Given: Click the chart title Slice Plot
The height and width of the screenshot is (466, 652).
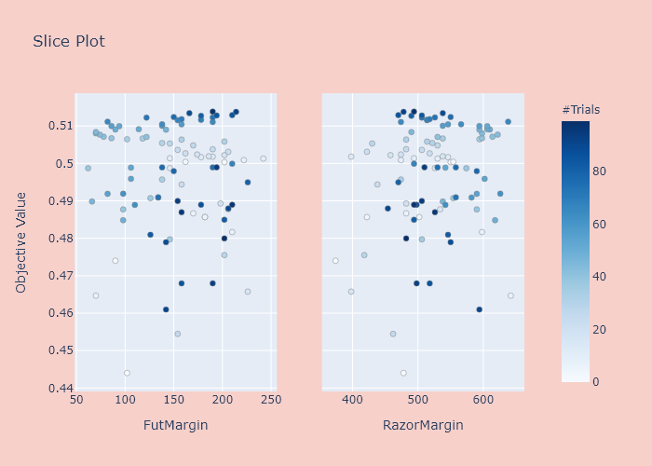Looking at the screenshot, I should [x=69, y=42].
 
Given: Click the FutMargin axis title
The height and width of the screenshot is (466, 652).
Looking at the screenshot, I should [x=175, y=426].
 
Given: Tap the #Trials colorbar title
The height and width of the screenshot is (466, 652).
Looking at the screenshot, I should [x=580, y=110].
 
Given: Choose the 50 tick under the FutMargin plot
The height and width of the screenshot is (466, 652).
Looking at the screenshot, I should [x=78, y=401].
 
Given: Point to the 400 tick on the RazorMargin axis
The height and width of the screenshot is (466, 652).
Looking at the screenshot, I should [x=352, y=401].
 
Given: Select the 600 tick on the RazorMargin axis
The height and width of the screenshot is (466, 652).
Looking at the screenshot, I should [x=482, y=401].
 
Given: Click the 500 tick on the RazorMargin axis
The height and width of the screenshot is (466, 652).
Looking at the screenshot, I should [x=417, y=401].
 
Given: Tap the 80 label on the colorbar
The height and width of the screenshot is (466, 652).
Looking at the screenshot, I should [x=601, y=171].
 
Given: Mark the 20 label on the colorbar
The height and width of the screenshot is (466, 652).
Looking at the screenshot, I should [x=601, y=329].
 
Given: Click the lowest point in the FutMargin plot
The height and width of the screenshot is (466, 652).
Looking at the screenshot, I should [x=127, y=373].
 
